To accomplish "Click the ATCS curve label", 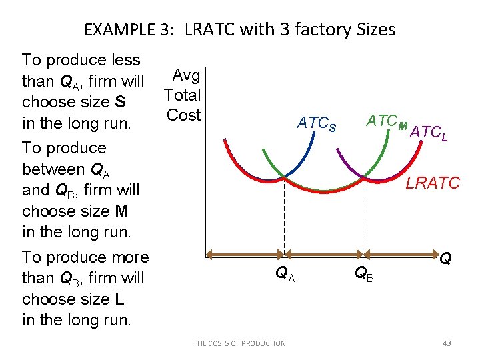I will [x=317, y=123].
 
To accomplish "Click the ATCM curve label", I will [x=387, y=122].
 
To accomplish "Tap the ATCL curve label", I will [x=429, y=133].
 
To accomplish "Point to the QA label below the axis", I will [x=285, y=272].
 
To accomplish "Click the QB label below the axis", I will [x=363, y=272].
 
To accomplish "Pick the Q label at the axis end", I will [x=445, y=257].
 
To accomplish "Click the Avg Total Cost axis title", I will [x=183, y=95].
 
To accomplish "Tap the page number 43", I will [x=447, y=343].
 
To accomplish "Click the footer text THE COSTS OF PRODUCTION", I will [x=239, y=343].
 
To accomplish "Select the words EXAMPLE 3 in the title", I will [x=128, y=30].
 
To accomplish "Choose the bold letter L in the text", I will [x=109, y=299].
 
